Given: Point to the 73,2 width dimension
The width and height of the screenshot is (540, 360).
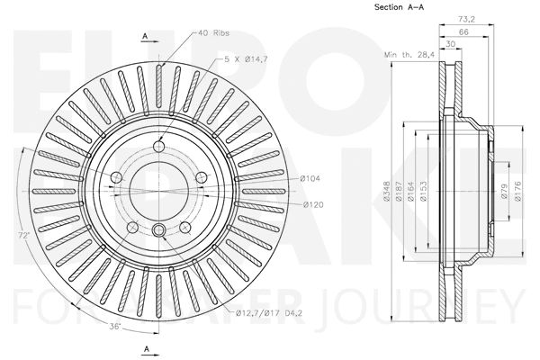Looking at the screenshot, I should [465, 17].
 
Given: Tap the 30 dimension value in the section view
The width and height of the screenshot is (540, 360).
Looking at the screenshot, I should [448, 43].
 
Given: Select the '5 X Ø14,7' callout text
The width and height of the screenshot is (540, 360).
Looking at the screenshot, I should [247, 58].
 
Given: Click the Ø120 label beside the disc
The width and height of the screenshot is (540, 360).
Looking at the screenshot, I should [312, 205].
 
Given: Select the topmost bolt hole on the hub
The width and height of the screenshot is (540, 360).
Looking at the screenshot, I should [159, 148].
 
